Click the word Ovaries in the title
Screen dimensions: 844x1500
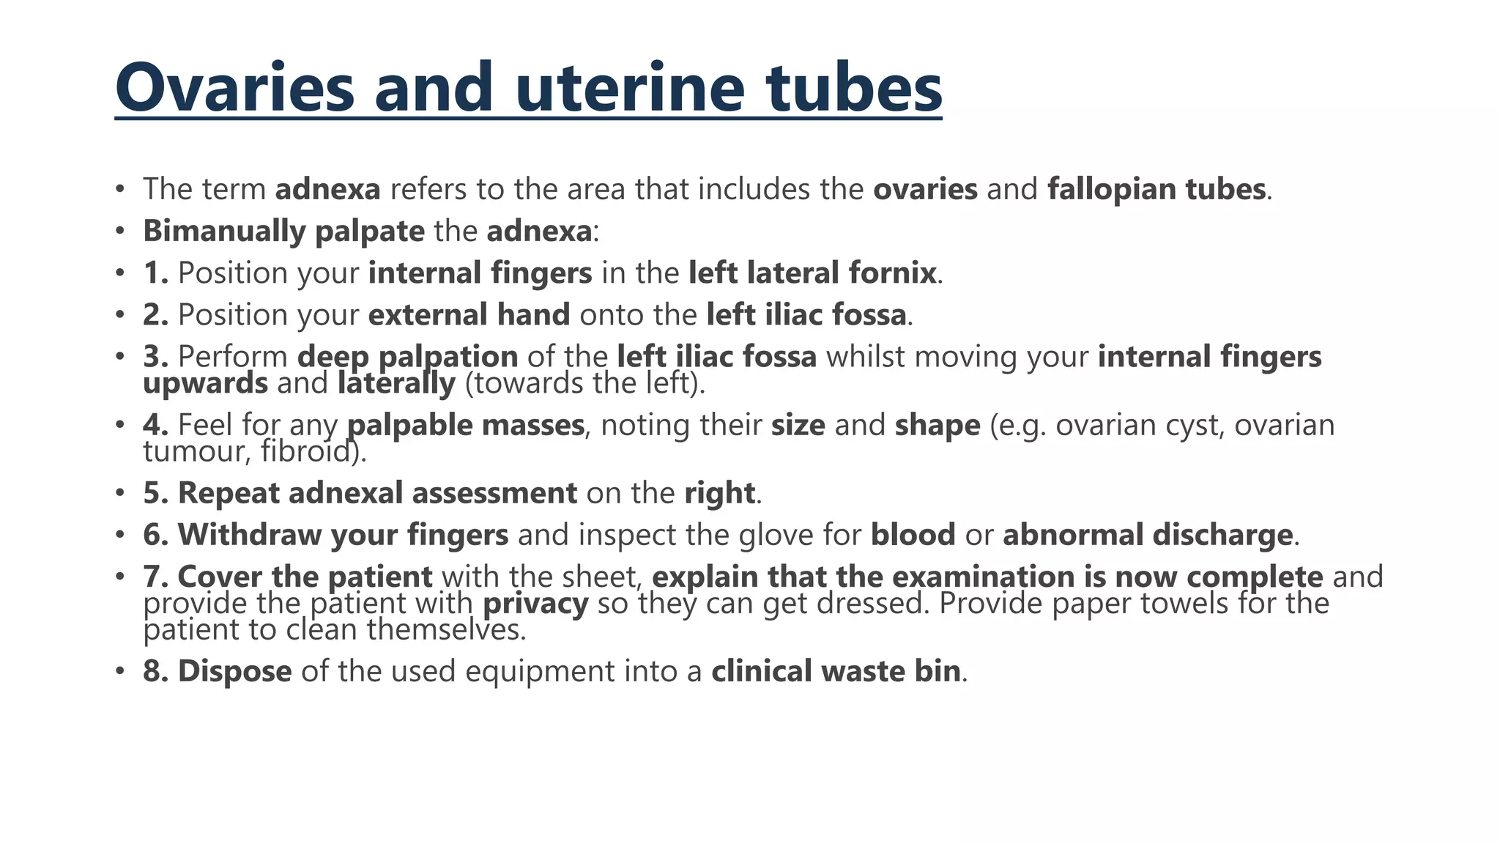[x=235, y=88]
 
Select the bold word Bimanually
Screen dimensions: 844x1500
[x=223, y=232]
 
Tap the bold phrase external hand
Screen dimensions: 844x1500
[x=469, y=315]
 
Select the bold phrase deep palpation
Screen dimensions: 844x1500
[x=407, y=357]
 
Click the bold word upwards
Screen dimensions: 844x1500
[x=205, y=383]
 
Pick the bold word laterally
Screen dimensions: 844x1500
[x=396, y=383]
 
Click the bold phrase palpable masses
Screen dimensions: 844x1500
[x=465, y=425]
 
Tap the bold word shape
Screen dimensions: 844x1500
[x=937, y=425]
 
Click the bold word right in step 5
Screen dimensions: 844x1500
[x=719, y=493]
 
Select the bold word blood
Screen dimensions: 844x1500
[x=913, y=535]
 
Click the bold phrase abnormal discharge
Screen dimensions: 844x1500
[x=1147, y=535]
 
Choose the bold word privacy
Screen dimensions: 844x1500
[x=535, y=604]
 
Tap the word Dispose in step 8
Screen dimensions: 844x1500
[x=234, y=671]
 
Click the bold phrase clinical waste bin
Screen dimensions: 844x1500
[x=836, y=671]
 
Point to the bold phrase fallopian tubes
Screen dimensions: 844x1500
[x=1156, y=189]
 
